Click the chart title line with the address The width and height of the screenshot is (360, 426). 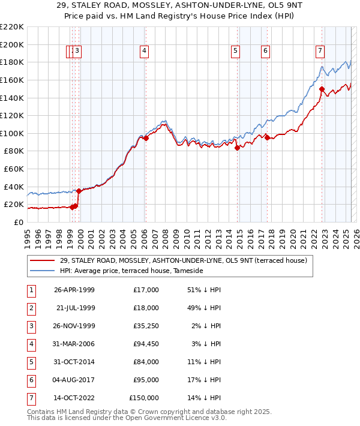click(x=179, y=7)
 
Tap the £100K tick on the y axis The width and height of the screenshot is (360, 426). click(x=12, y=133)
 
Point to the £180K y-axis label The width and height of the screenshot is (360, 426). click(x=12, y=62)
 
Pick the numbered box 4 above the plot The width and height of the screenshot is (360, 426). click(x=145, y=52)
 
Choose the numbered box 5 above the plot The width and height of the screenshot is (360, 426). click(x=235, y=52)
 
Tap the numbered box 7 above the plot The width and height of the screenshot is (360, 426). click(x=320, y=52)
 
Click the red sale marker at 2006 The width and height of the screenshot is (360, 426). click(x=146, y=138)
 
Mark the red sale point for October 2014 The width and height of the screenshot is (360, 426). click(x=237, y=148)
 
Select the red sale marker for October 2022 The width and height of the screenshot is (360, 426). click(x=322, y=89)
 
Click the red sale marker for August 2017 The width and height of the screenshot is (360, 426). click(x=266, y=137)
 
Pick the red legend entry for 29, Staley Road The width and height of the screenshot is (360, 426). click(x=184, y=260)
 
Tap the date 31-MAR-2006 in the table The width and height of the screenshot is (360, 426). click(x=74, y=344)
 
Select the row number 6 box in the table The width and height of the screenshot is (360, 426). click(x=31, y=380)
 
